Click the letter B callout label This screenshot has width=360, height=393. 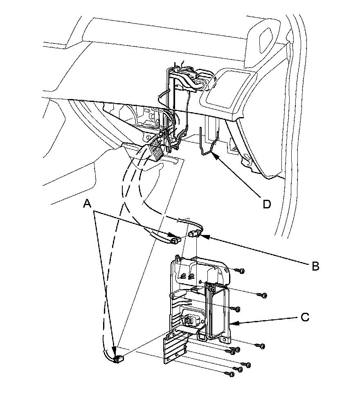pyautogui.click(x=315, y=266)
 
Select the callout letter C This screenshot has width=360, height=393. pyautogui.click(x=305, y=317)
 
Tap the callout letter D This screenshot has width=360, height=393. pyautogui.click(x=266, y=204)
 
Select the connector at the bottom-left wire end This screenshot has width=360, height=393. pyautogui.click(x=118, y=359)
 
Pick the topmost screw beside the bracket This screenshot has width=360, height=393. pyautogui.click(x=241, y=271)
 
